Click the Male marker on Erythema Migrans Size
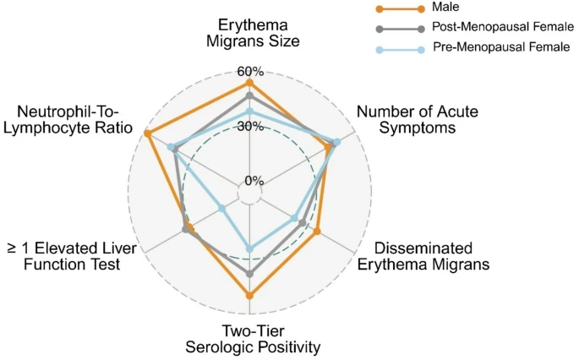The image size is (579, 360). [249, 83]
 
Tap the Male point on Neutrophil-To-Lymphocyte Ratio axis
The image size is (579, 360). [148, 134]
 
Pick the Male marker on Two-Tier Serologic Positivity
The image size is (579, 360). [249, 295]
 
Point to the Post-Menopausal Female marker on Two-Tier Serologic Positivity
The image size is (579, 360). [249, 274]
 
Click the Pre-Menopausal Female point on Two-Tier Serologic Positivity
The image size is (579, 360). [249, 248]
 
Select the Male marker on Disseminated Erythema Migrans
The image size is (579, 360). [317, 231]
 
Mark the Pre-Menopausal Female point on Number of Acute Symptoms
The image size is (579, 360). [337, 142]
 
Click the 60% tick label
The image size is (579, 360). [249, 71]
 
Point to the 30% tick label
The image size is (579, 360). [249, 127]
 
